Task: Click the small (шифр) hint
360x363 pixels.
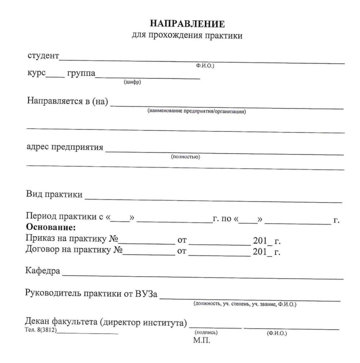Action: [133, 82]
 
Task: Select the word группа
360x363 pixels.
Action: [81, 74]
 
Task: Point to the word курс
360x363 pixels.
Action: [36, 74]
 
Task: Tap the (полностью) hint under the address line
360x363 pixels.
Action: [185, 157]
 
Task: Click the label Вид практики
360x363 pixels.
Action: [54, 194]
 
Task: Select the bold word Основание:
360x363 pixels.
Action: [50, 228]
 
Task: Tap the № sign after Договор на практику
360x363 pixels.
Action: [117, 250]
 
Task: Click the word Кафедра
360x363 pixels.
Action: [43, 272]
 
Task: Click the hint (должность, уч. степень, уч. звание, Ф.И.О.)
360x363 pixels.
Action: [245, 304]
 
